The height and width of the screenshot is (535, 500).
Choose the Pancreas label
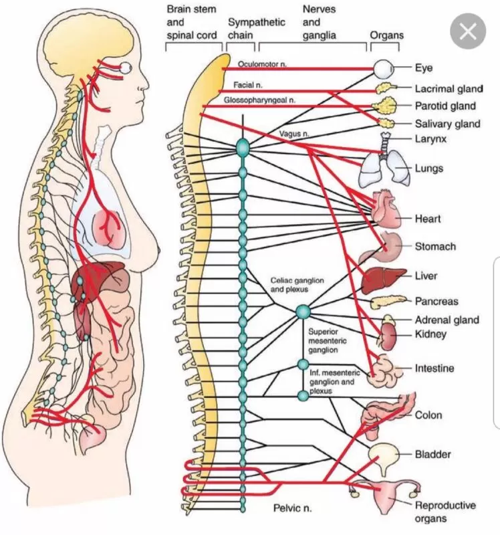pos(436,302)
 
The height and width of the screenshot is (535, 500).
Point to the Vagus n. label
pos(294,134)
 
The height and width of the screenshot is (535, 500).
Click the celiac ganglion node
pos(303,311)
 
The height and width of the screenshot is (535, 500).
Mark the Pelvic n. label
pos(292,508)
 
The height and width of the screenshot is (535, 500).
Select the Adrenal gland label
pos(447,320)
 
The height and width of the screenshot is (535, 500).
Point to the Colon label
pos(428,415)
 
